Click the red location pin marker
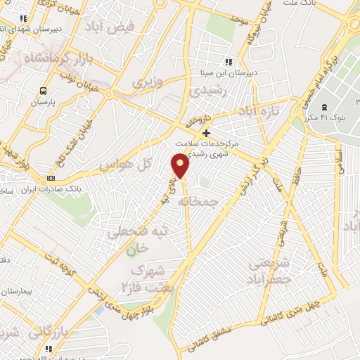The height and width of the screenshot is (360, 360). coord(181,166)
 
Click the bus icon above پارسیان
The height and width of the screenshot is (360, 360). coord(43,91)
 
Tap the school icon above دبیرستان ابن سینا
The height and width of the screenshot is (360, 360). coord(226,62)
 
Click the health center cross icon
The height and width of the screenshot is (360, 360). coord(205,133)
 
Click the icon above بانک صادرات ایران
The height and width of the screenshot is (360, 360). coord(50,179)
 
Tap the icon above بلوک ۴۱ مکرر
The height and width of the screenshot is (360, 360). coord(323,107)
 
